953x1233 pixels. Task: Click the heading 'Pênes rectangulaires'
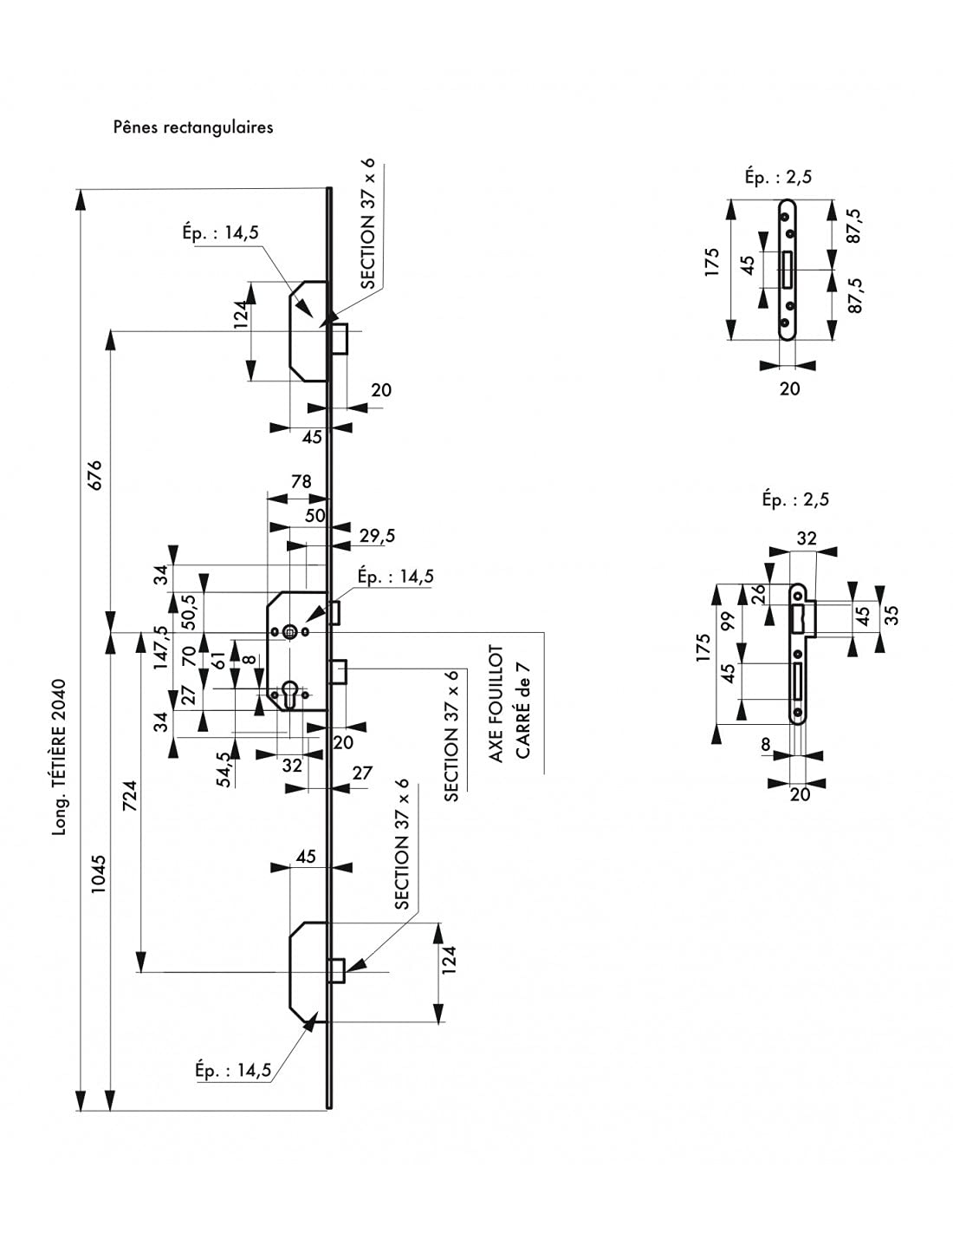point(193,127)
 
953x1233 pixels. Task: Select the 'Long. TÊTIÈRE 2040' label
point(60,757)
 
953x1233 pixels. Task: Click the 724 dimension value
point(130,795)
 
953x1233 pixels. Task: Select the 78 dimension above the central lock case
point(301,481)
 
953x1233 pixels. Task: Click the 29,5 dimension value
point(377,536)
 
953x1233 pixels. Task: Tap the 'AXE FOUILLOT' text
point(496,703)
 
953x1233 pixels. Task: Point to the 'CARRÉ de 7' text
point(522,709)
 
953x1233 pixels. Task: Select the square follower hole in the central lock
point(290,631)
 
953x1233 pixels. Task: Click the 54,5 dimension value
point(224,769)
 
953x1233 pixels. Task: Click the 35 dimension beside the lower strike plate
point(891,615)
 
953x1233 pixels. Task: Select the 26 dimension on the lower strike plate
point(760,593)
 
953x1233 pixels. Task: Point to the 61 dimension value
point(219,661)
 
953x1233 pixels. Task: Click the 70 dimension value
point(189,656)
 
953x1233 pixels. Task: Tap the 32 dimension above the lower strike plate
point(807,538)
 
